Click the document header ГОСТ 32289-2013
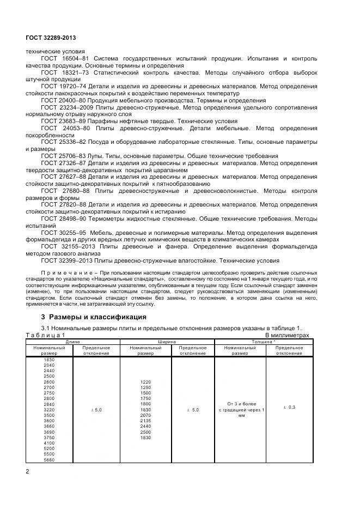(51, 38)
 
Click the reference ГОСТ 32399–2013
(68, 260)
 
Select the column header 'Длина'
(72, 342)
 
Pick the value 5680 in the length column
(49, 459)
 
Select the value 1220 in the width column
(145, 382)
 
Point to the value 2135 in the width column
(145, 421)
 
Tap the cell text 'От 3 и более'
(240, 403)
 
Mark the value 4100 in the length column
(49, 442)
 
